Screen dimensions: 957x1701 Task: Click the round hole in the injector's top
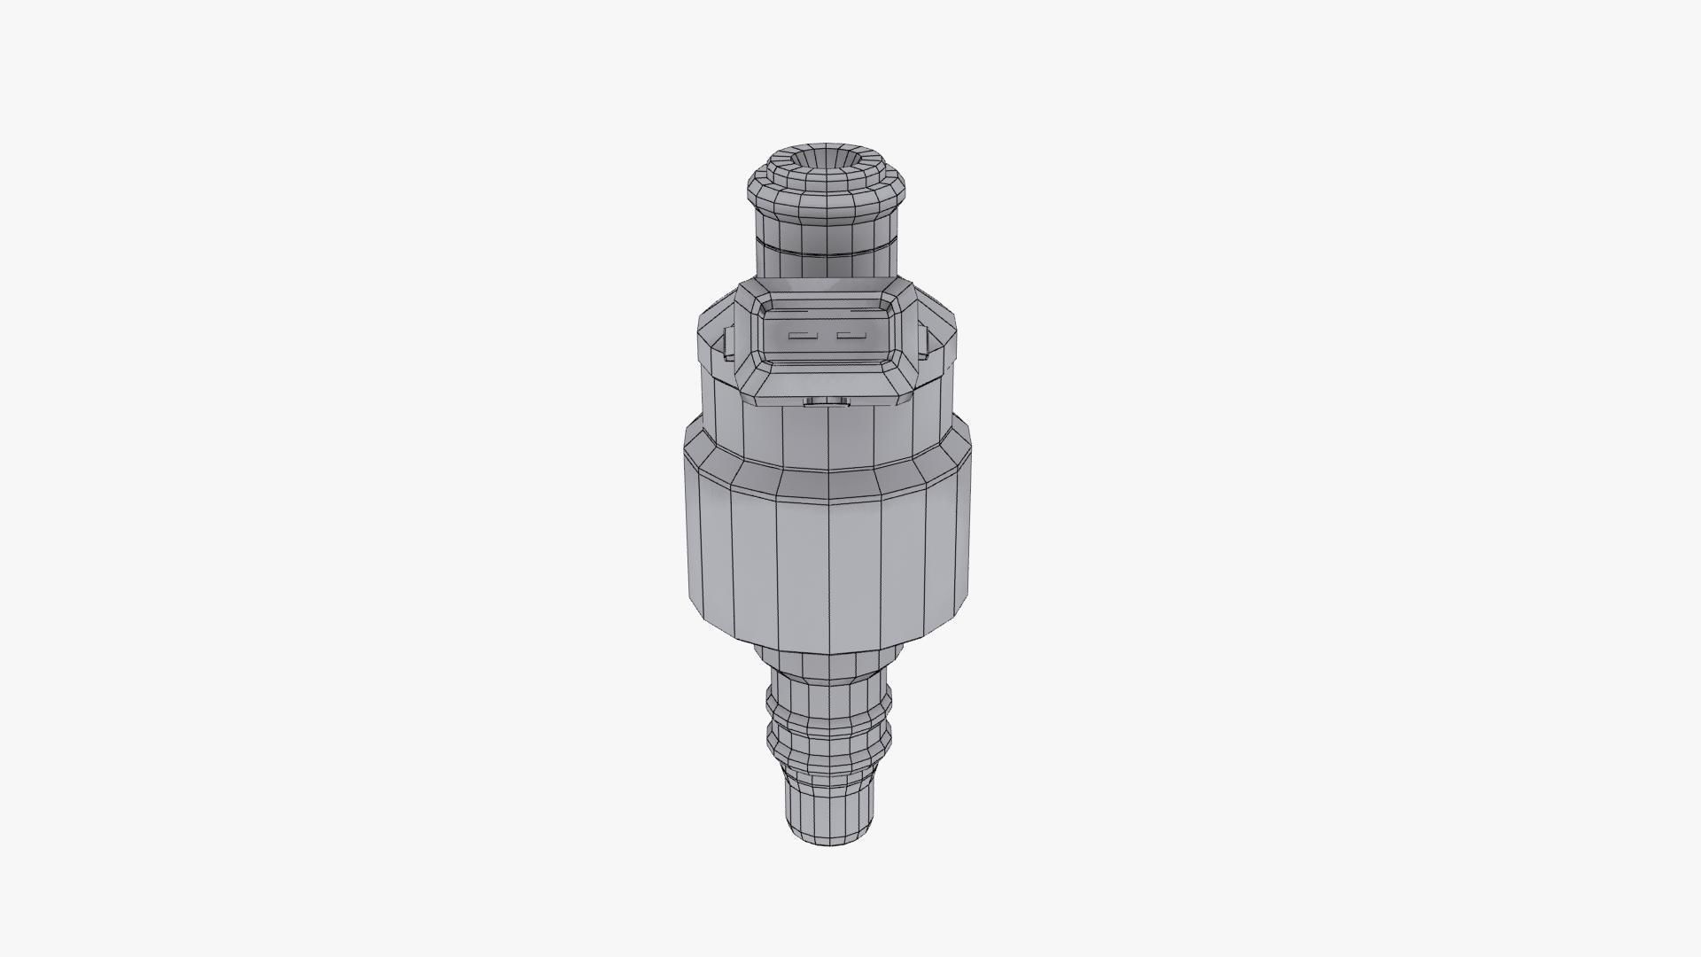pos(827,161)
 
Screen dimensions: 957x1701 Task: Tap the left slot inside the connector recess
pos(801,336)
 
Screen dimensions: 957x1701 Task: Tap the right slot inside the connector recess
pos(850,336)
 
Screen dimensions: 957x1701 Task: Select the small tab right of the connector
pos(922,342)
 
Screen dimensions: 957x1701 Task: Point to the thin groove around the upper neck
pos(827,250)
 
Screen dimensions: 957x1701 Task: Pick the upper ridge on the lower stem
pos(828,705)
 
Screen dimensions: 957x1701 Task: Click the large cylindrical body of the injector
pos(827,558)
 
